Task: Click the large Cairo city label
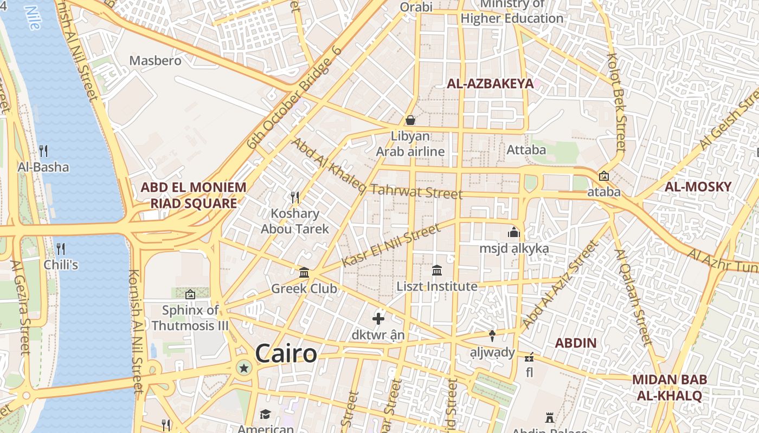[x=286, y=354]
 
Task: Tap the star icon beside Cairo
[x=244, y=369]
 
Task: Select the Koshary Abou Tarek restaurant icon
[x=295, y=197]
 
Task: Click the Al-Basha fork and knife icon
[x=43, y=150]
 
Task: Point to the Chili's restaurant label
[x=61, y=265]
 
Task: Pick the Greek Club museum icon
[x=304, y=272]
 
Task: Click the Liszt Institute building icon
[x=437, y=270]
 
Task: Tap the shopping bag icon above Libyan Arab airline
[x=410, y=120]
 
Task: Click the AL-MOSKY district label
[x=698, y=187]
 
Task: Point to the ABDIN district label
[x=576, y=343]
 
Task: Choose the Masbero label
[x=156, y=60]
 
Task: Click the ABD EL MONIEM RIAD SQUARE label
[x=194, y=195]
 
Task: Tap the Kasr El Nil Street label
[x=392, y=245]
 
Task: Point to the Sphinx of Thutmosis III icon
[x=190, y=294]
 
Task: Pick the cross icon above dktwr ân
[x=378, y=319]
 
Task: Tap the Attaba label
[x=526, y=149]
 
